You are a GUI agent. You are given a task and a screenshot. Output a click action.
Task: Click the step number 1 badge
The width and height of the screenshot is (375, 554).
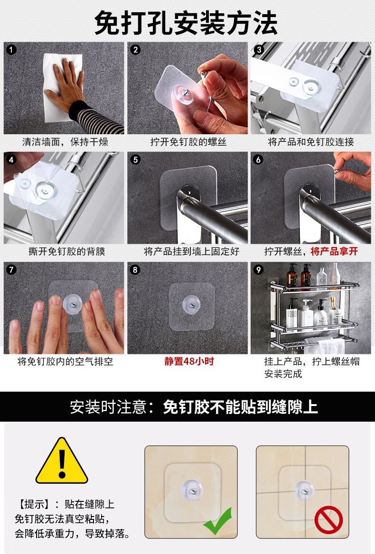tap(11, 49)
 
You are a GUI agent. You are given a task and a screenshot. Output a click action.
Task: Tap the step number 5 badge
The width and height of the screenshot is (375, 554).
tap(135, 160)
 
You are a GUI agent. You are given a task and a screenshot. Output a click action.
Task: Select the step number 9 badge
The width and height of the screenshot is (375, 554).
tap(258, 270)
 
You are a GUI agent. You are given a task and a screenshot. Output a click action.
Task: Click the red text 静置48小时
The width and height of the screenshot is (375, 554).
tap(189, 361)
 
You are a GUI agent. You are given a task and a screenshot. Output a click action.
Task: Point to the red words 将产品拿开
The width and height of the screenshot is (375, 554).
tap(334, 251)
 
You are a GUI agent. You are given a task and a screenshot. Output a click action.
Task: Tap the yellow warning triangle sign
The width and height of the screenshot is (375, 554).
tap(62, 461)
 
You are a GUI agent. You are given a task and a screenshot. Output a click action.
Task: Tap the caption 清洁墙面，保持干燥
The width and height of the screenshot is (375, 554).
tap(65, 142)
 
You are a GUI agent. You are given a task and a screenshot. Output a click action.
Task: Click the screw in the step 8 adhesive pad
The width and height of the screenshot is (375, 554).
tap(191, 304)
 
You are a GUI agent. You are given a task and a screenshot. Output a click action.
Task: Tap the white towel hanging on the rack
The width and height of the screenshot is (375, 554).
tap(325, 346)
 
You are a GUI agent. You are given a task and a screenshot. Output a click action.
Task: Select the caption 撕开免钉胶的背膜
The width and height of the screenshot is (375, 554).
tap(67, 251)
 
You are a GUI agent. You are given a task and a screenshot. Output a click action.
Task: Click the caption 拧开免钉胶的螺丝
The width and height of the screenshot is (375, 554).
tap(188, 142)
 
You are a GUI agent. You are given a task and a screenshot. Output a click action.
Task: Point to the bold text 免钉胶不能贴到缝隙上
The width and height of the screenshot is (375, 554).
tap(240, 407)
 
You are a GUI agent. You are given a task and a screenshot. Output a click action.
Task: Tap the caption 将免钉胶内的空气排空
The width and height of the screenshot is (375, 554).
tap(66, 361)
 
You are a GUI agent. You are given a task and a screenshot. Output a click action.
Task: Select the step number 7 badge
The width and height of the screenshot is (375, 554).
tap(11, 270)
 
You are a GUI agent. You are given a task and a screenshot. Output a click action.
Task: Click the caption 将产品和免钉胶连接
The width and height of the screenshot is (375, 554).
tap(311, 142)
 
